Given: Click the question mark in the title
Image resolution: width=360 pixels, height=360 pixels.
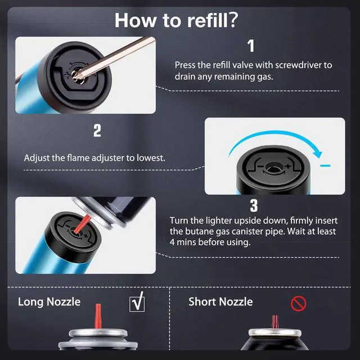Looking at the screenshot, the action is (232, 20).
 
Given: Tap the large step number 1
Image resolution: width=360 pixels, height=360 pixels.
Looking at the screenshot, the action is (251, 46).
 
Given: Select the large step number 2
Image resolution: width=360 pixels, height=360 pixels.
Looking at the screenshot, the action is (97, 131).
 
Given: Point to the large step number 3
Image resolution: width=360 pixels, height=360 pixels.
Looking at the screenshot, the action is (254, 205).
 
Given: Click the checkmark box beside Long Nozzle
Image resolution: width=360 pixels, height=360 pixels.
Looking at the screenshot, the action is (137, 303).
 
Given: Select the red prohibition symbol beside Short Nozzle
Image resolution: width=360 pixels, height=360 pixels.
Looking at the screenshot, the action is (298, 304).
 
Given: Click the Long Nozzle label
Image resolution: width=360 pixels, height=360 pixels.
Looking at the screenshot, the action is (49, 302).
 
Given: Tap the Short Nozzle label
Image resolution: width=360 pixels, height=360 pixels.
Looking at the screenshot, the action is (220, 301).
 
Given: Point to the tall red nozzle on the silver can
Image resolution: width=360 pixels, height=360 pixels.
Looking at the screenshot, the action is (98, 316).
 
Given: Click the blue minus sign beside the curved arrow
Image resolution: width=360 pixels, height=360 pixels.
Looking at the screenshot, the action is (326, 165).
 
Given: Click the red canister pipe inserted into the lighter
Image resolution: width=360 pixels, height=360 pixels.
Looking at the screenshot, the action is (83, 224).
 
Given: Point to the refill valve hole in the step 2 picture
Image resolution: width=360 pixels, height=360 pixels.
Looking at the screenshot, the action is (273, 169).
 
